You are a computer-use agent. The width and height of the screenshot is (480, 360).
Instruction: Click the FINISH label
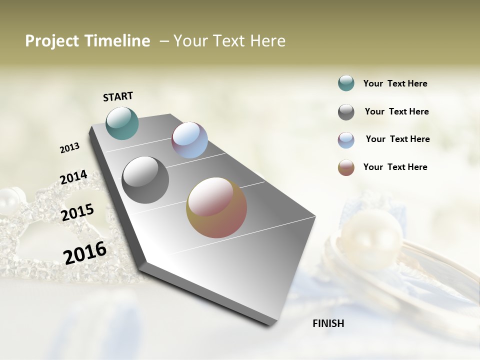point(328,323)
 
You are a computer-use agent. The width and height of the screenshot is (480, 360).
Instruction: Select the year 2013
point(69,148)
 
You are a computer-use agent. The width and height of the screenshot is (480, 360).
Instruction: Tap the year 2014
point(73,177)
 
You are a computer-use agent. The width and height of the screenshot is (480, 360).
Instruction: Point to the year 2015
point(77,212)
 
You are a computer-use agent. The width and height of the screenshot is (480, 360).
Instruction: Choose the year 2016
point(85,252)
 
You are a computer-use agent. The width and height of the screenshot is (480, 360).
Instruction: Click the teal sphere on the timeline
point(122,123)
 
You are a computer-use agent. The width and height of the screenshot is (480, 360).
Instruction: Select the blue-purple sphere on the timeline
point(189,140)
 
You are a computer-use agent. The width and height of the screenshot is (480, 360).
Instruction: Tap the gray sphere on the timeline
point(145,180)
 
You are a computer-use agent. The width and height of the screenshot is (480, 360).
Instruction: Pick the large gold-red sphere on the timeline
point(216,207)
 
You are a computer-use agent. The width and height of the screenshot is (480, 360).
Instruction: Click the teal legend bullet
point(346,83)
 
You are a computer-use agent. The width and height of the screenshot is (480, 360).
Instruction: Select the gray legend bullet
point(346,112)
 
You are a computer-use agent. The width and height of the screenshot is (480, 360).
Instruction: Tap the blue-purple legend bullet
point(346,140)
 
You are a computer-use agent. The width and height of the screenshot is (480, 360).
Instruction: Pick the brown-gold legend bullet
point(346,167)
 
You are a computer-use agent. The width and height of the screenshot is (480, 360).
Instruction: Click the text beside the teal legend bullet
point(395,83)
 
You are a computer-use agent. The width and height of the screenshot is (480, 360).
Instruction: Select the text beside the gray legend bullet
point(396,111)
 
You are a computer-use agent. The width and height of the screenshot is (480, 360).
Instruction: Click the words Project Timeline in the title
point(87,41)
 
